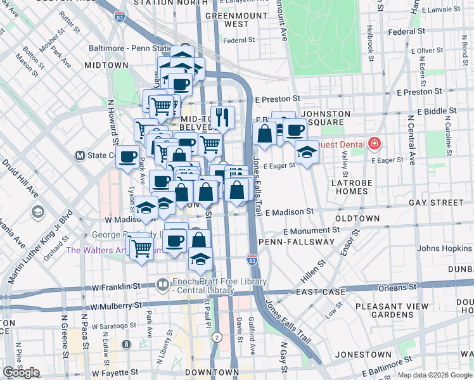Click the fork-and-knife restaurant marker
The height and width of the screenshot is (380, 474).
point(222,117)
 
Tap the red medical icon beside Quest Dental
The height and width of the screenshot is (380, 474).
point(375,144)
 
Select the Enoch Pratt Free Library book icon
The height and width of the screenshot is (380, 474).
point(163,286)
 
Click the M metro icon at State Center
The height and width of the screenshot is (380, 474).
point(80,155)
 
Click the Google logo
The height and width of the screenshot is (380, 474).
point(21,372)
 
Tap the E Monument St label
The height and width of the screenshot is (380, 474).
point(305,232)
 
